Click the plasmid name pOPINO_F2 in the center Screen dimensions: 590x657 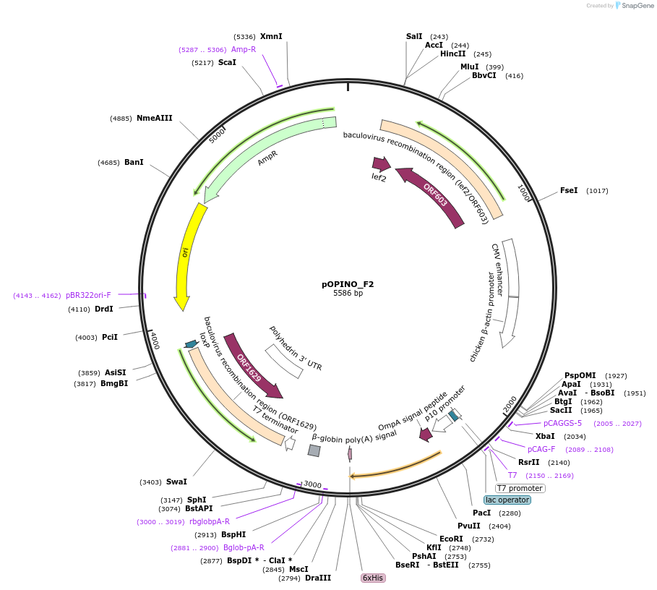tap(348, 284)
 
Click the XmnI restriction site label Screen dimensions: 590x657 tap(271, 36)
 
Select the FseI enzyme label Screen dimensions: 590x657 tap(569, 191)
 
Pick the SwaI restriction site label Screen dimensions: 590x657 tap(176, 482)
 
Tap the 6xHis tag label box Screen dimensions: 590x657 tap(373, 578)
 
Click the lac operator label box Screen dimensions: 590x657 tap(507, 500)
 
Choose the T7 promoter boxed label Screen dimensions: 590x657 tap(520, 488)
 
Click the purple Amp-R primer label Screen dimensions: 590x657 tap(244, 49)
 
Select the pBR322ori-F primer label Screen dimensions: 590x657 tap(88, 295)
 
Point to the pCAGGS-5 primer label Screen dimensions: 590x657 tap(562, 423)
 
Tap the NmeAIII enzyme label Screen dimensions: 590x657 tap(155, 118)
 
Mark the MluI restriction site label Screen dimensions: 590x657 tap(469, 67)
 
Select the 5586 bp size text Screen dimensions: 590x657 tap(348, 294)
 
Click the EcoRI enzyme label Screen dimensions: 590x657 tap(451, 539)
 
